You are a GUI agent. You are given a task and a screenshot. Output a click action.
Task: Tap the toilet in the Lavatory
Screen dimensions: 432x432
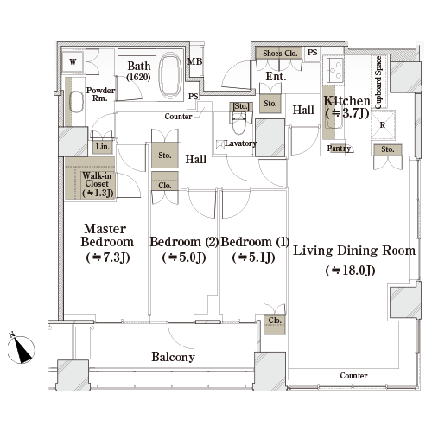(x=239, y=123)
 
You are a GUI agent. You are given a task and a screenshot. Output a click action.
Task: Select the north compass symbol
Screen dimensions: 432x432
(x=21, y=348)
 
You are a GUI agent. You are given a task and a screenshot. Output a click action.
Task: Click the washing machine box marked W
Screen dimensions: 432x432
(x=73, y=61)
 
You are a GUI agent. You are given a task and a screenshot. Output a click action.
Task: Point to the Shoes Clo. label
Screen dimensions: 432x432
(x=280, y=54)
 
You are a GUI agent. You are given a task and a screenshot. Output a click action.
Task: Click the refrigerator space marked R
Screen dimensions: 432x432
(x=383, y=125)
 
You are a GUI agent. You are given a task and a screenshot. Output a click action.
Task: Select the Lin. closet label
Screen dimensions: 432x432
(x=103, y=147)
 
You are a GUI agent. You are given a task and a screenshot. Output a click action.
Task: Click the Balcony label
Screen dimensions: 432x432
(x=174, y=357)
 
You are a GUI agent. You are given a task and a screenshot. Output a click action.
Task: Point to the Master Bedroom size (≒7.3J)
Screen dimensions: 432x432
(x=108, y=257)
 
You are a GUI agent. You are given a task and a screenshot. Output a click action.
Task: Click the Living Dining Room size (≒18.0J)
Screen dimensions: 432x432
(x=350, y=270)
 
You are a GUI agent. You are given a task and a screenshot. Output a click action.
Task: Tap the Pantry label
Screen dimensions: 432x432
(x=339, y=149)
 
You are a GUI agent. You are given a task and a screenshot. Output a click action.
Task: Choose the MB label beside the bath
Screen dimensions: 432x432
(x=195, y=61)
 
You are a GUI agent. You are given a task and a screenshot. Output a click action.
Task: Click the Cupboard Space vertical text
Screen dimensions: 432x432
(x=378, y=82)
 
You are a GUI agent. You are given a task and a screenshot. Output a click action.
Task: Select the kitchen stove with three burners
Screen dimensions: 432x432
(x=335, y=70)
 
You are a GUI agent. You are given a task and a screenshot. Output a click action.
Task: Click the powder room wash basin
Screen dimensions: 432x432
(x=76, y=101)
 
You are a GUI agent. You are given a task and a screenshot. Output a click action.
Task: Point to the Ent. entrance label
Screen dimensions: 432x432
(x=276, y=77)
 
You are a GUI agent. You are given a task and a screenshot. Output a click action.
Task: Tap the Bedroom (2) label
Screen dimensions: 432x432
(x=184, y=242)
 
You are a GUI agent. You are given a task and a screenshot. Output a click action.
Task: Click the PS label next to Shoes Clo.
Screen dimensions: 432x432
(x=313, y=53)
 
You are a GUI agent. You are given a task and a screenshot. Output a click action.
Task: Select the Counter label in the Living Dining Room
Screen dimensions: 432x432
(x=353, y=376)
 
